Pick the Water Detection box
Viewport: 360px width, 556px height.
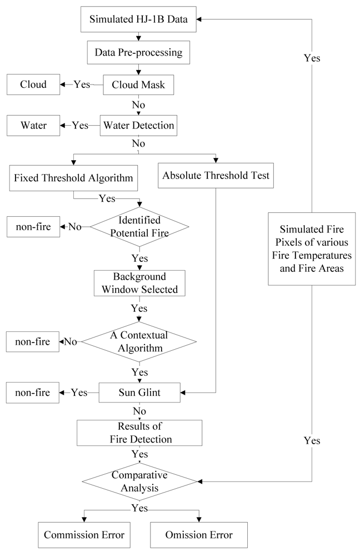(138, 126)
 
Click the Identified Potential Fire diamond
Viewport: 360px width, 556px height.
(139, 227)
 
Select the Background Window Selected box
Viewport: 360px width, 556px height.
(139, 284)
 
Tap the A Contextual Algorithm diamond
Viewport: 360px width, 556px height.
(139, 341)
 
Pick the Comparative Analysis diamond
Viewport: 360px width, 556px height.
(139, 481)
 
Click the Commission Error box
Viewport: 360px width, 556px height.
(84, 535)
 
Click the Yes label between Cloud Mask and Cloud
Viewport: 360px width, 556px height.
(82, 85)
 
